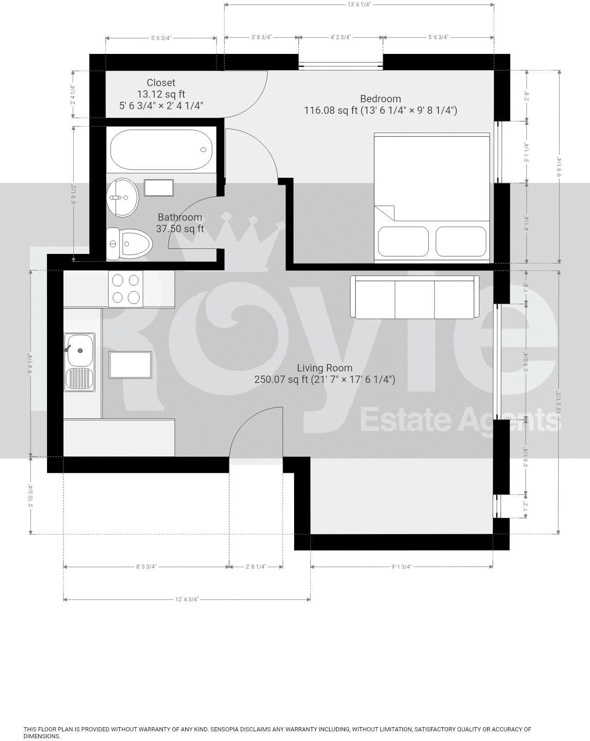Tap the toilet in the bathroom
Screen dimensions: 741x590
coord(130,243)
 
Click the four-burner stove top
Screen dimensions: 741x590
coord(125,288)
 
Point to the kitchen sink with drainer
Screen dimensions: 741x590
coord(79,362)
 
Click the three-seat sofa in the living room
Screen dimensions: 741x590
coord(414,297)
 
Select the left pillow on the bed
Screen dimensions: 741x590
coord(403,241)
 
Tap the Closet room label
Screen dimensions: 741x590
coord(161,83)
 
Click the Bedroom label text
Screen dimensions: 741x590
coord(380,99)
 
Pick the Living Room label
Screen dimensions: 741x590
coord(324,368)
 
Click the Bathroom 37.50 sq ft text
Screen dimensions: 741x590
coord(180,223)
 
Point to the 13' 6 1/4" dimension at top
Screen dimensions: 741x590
coord(359,4)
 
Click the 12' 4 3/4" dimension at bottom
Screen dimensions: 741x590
coord(187,599)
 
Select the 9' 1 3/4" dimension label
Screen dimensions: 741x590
coord(401,566)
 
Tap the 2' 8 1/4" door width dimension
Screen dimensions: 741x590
coord(256,566)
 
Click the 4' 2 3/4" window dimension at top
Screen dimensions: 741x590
coord(341,37)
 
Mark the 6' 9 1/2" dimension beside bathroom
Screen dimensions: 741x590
coord(73,194)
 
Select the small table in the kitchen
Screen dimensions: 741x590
coord(130,365)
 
